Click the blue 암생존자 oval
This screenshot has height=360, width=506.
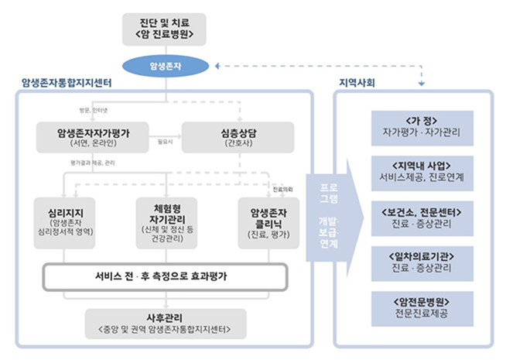tap(168, 65)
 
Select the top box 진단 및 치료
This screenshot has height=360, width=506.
tap(168, 29)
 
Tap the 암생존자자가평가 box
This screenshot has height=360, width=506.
tap(93, 137)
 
